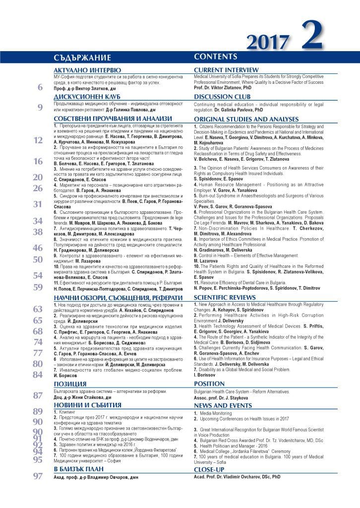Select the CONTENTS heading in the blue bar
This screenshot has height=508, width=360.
point(216,57)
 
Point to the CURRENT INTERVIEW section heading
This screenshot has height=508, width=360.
point(226,70)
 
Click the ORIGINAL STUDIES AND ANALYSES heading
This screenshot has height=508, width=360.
point(246,120)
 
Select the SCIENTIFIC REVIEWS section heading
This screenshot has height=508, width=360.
point(225,297)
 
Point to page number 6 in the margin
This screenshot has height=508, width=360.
point(40,88)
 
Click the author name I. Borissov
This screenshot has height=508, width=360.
point(204,376)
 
